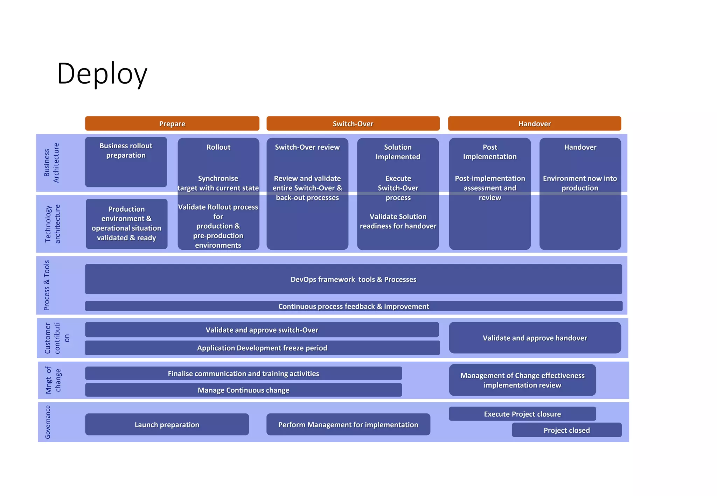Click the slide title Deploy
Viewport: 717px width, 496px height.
coord(102,74)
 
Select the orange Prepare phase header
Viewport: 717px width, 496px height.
coord(172,124)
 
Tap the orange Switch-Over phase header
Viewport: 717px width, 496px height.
coord(353,124)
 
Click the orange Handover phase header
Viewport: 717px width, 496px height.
coord(534,124)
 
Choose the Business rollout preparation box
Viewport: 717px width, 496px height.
coord(126,162)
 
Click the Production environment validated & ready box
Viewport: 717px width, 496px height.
coord(126,224)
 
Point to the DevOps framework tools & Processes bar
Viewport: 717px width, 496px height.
coord(353,279)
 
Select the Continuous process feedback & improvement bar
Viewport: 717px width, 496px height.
coord(353,306)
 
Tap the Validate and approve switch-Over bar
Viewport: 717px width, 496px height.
coord(262,330)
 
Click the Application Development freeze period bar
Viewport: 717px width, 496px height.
coord(262,348)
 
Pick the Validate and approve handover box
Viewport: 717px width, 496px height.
coord(535,338)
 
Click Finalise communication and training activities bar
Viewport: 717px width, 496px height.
coord(243,374)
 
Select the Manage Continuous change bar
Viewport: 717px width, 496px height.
coord(243,390)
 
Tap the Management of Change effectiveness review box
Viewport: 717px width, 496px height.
coord(522,380)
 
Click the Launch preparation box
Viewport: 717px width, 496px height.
coord(167,425)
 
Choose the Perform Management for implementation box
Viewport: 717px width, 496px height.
coord(348,425)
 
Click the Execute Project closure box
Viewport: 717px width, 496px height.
coord(522,414)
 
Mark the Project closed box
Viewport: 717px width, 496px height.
coord(566,430)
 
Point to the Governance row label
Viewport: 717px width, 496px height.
coord(48,422)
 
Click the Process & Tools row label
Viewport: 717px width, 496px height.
coord(47,285)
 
